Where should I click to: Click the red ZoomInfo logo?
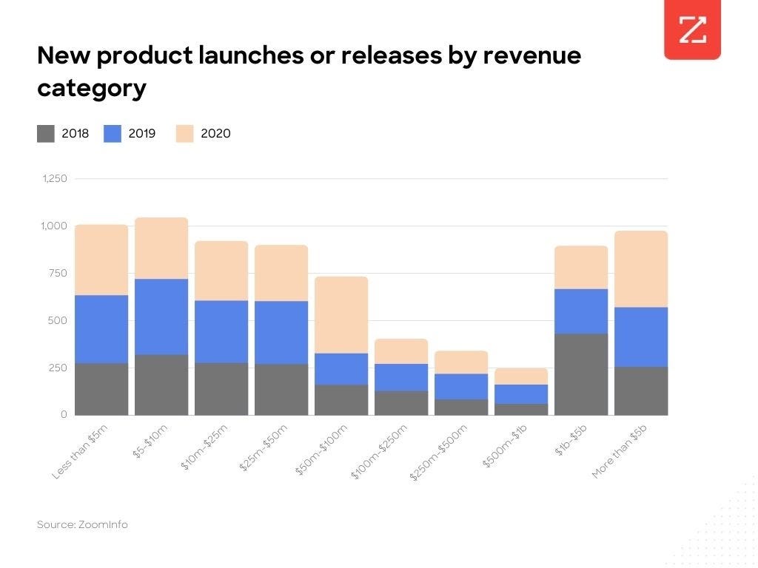692,30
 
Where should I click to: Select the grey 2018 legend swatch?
46,134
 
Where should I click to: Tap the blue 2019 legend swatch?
113,134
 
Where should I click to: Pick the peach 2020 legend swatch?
184,134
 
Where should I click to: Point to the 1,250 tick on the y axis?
55,179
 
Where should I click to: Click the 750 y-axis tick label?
58,273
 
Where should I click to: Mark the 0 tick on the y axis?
64,415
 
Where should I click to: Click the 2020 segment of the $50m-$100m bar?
341,314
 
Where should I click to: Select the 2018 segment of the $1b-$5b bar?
581,374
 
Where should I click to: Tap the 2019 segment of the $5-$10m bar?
161,317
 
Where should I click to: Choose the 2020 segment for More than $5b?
641,269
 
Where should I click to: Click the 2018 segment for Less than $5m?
101,389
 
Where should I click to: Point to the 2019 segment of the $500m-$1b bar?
521,394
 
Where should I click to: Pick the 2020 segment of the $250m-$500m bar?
461,362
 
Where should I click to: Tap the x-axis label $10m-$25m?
204,447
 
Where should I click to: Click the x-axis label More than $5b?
620,451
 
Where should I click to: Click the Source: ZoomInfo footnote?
82,524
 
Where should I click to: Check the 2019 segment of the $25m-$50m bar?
281,332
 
